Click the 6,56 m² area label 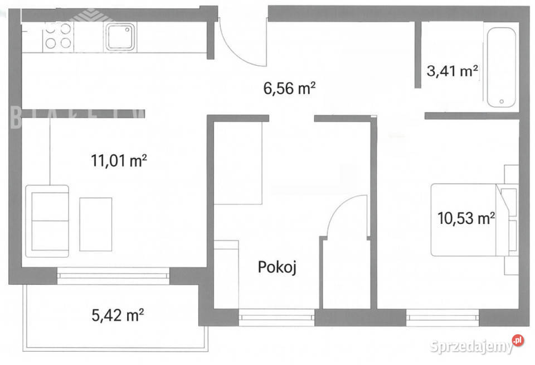(x=289, y=88)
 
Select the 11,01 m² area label (x=119, y=162)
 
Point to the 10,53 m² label (x=467, y=219)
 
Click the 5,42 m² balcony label (x=118, y=316)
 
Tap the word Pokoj (x=276, y=268)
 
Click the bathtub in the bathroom (x=502, y=67)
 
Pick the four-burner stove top (x=58, y=35)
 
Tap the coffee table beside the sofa (x=95, y=224)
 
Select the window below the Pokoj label (x=276, y=318)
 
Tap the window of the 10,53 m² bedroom (x=442, y=318)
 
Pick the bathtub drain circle (x=502, y=102)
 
